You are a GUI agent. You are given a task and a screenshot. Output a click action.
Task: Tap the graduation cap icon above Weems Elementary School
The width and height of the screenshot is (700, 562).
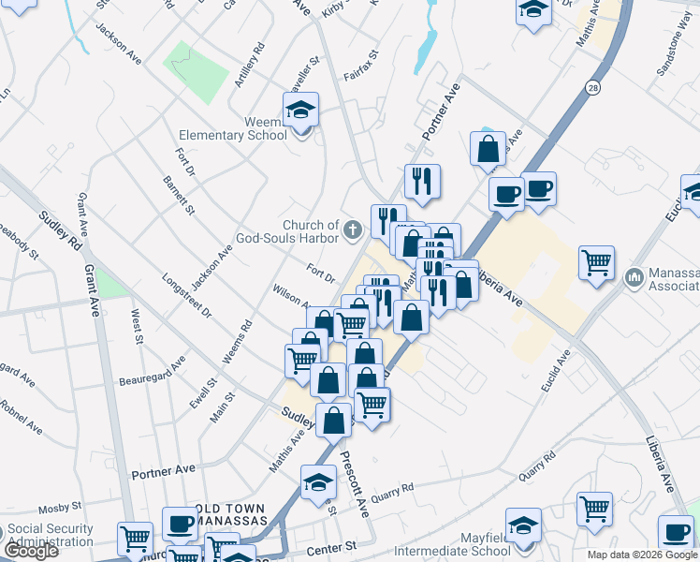[300, 111]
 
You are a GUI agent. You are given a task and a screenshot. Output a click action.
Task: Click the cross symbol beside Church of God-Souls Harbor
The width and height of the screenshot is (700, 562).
[354, 229]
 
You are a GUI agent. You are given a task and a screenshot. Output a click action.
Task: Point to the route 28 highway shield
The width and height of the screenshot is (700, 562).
[593, 87]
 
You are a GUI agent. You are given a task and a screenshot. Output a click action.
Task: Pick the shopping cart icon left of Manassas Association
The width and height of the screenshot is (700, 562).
[596, 262]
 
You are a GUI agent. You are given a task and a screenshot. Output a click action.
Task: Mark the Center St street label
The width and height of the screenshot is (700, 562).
[338, 545]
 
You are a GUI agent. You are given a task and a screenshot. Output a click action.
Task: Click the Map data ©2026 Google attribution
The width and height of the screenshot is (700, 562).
[641, 555]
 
